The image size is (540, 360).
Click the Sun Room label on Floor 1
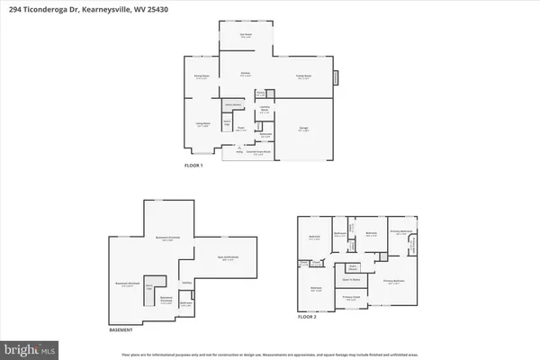(245, 36)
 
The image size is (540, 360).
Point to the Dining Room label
(202, 77)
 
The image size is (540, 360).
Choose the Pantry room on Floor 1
(259, 92)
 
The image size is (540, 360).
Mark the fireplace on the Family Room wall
(337, 77)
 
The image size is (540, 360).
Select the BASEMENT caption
(121, 329)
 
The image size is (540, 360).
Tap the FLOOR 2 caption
(309, 318)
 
